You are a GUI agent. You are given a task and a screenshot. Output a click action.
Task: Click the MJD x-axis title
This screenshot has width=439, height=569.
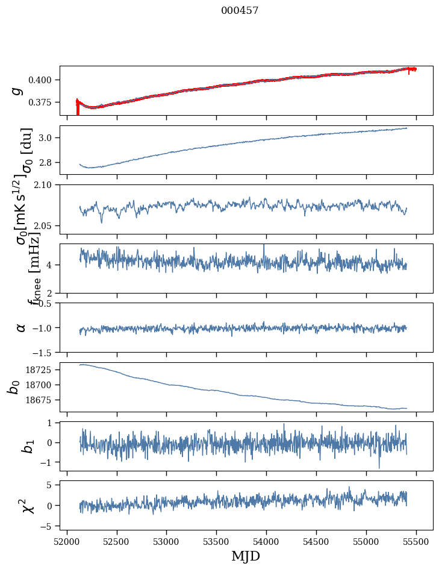[246, 556]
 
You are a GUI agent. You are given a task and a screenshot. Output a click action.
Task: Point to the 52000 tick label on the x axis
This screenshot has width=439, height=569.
[67, 541]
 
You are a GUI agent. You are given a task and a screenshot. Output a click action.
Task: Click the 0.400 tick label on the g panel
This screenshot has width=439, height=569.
[42, 80]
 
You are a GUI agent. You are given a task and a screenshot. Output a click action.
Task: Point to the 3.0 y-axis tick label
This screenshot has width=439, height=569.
[47, 138]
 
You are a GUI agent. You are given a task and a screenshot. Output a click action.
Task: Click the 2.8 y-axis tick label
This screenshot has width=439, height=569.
[47, 163]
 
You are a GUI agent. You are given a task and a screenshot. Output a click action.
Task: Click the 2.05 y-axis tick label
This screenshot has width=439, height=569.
[45, 226]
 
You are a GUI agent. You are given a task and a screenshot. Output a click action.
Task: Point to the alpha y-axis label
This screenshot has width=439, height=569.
[20, 327]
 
